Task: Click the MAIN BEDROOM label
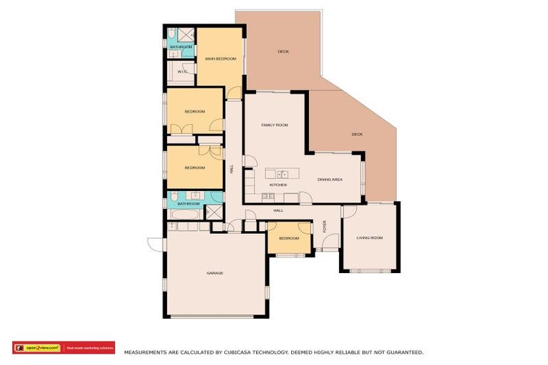(x=220, y=58)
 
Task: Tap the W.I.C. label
(x=181, y=72)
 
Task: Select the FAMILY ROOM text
(x=274, y=125)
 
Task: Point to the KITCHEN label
(x=278, y=185)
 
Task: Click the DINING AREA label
(x=330, y=179)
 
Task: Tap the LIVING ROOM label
(x=370, y=237)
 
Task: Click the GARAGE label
(x=215, y=273)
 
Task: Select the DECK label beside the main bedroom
(x=283, y=51)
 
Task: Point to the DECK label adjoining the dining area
(x=357, y=134)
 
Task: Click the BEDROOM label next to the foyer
(x=288, y=238)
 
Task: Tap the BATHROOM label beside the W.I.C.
(x=180, y=47)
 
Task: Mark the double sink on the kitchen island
(x=283, y=174)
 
